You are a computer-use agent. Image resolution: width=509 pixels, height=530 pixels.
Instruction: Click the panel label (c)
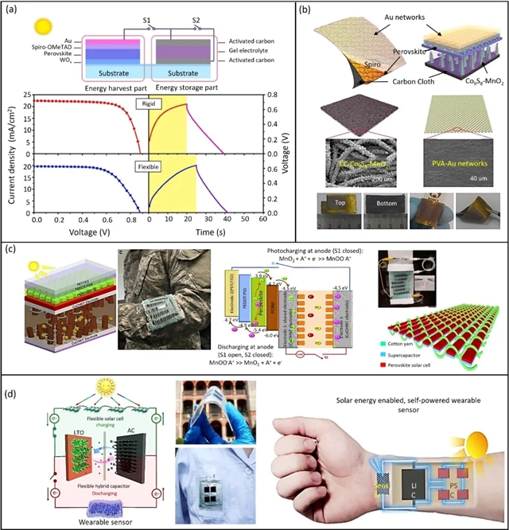pyautogui.click(x=12, y=248)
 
